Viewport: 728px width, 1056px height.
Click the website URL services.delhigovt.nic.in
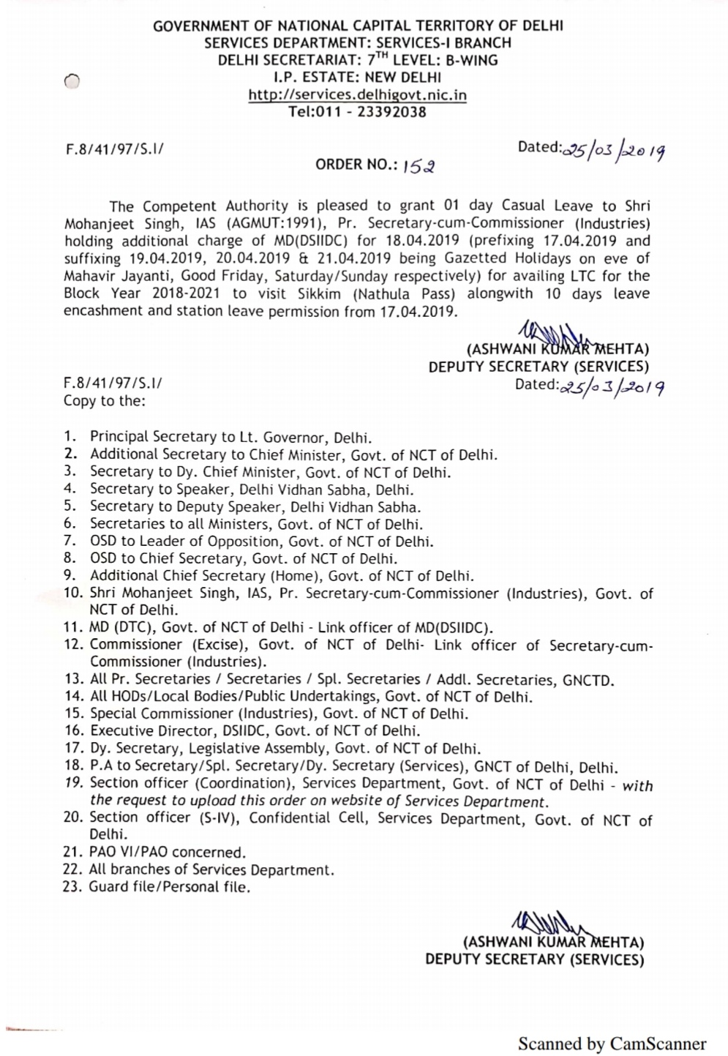[x=358, y=94]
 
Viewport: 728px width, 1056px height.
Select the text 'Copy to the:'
[x=104, y=400]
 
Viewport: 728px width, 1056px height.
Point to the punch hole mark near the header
[x=70, y=83]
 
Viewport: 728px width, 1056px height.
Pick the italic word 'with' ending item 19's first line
[x=637, y=785]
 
